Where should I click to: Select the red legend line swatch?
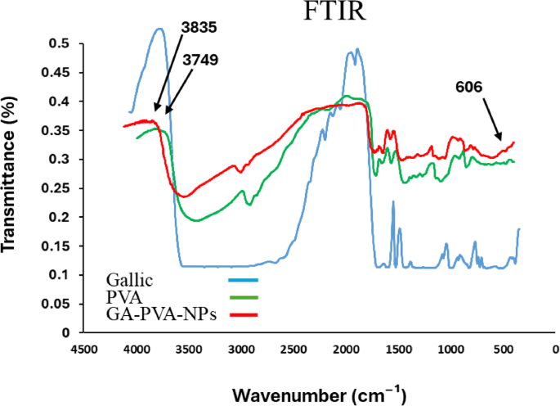coord(243,314)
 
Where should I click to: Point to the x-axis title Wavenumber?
coord(318,395)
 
